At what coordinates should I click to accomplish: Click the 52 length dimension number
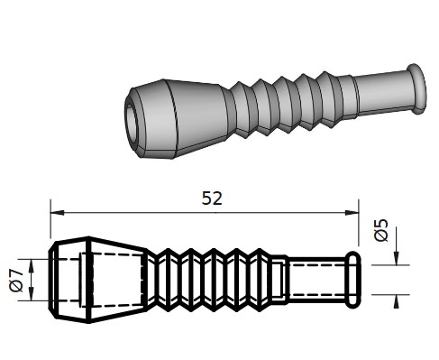click(212, 198)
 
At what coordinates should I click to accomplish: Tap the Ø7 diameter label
click(16, 281)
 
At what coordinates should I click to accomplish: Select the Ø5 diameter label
click(381, 230)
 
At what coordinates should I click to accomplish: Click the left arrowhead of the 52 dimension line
click(57, 213)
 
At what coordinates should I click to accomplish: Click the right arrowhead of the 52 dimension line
click(352, 213)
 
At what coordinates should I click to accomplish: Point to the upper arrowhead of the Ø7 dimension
click(32, 265)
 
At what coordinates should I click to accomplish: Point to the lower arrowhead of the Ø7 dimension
click(32, 294)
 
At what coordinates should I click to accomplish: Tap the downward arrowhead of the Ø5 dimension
click(397, 258)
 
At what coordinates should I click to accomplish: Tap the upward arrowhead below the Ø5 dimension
click(397, 301)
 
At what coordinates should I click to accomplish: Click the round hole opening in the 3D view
click(133, 123)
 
